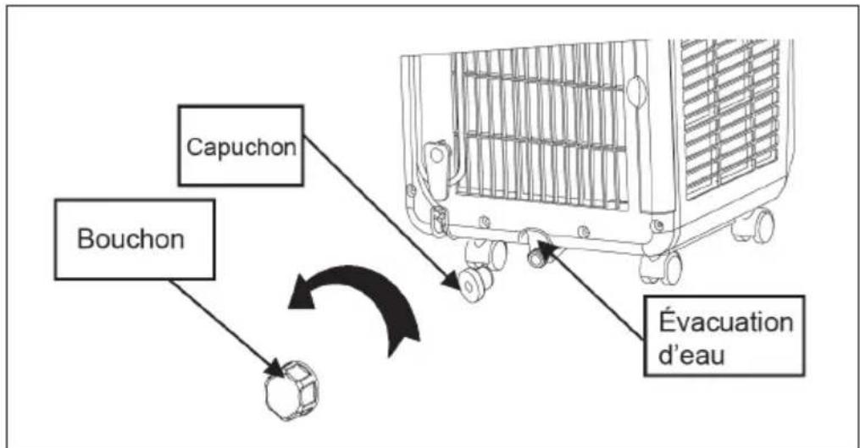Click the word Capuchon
click(241, 147)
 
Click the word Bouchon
click(130, 239)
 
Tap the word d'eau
click(691, 354)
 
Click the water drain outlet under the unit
click(537, 253)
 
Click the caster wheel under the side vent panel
click(754, 224)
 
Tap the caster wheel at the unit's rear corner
click(661, 268)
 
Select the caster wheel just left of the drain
click(486, 253)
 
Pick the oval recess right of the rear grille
click(636, 91)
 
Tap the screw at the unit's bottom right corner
click(656, 224)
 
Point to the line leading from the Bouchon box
click(225, 323)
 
